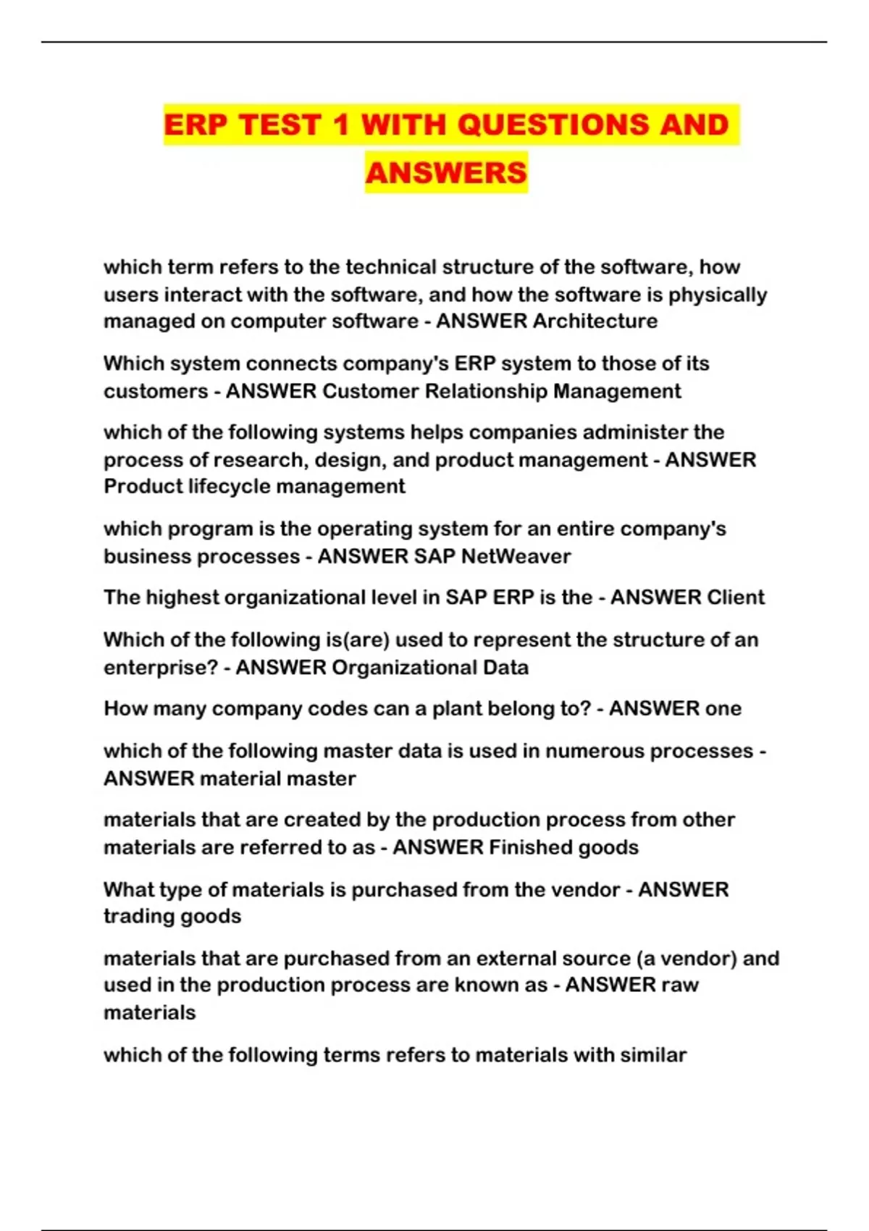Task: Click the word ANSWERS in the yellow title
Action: [446, 173]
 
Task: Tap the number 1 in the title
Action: [340, 125]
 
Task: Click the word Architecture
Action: [595, 321]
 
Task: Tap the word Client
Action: [735, 597]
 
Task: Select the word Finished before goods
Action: [530, 847]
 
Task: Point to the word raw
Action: [681, 985]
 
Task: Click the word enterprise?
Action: [161, 667]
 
